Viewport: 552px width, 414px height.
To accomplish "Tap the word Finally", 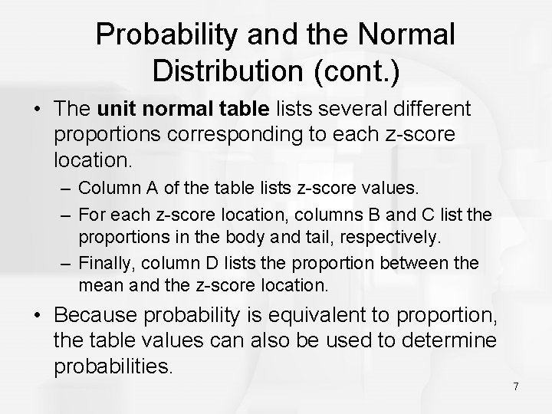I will pos(105,264).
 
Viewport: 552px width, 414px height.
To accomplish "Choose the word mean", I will pos(96,286).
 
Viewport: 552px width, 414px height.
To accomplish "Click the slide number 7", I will pos(515,386).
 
